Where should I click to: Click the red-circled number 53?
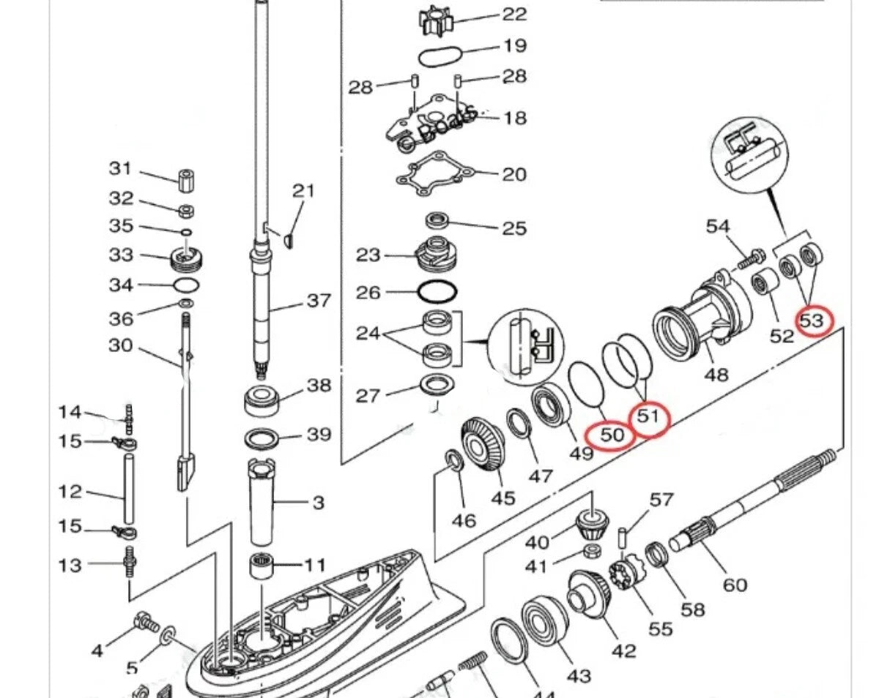[814, 320]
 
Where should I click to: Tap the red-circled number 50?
[612, 435]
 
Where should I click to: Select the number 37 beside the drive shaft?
[319, 301]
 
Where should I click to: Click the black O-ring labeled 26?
[437, 292]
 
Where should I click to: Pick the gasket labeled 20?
[432, 175]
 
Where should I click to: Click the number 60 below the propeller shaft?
[735, 585]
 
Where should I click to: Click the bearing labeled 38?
[262, 400]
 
